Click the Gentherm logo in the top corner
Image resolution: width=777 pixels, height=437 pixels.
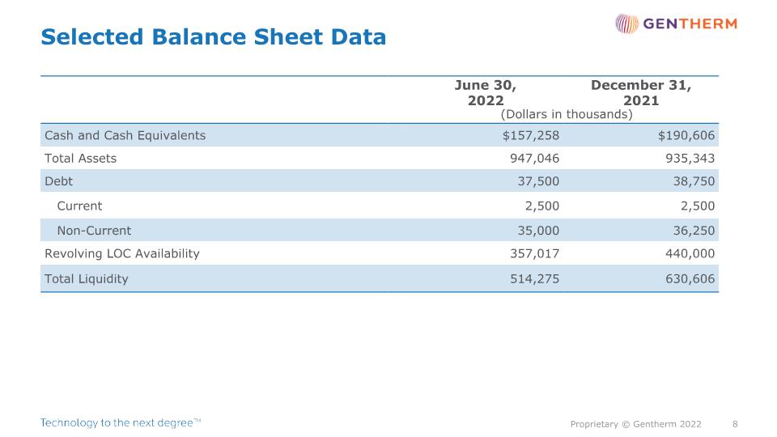coord(677,23)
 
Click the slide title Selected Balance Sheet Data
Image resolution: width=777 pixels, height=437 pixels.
coord(213,37)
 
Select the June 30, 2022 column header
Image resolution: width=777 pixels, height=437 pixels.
coord(486,92)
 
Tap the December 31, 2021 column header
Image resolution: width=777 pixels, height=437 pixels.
coord(641,92)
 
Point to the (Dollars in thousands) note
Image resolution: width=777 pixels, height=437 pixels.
coord(567,114)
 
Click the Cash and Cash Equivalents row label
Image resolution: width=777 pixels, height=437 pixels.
coord(125,135)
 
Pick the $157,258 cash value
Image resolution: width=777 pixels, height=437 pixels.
coord(531,135)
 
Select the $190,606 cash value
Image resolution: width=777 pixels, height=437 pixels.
coord(686,135)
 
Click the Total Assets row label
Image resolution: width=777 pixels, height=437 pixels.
coord(80,159)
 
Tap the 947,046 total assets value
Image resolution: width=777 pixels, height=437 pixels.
coord(535,159)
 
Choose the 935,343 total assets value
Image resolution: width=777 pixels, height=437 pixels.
coord(690,159)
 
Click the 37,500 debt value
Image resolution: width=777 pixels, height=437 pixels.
coord(539,181)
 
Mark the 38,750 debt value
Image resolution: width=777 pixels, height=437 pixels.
coord(694,181)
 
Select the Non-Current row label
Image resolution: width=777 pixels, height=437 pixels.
coord(94,231)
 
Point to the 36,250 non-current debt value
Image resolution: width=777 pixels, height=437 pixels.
coord(694,231)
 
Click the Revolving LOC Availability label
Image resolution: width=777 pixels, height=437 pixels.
coord(122,253)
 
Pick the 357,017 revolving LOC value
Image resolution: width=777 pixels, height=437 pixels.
coord(535,253)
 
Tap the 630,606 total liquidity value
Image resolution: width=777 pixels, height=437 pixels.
coord(690,279)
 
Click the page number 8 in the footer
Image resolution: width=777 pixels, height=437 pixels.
coord(736,424)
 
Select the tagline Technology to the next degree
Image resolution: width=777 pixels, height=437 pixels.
coord(121,422)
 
